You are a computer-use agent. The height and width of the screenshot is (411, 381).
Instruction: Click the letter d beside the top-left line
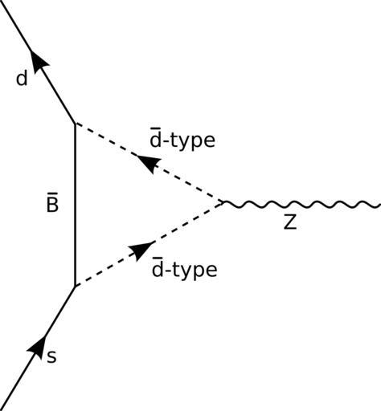[22, 79]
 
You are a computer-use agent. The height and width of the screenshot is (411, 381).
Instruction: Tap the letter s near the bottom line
[51, 357]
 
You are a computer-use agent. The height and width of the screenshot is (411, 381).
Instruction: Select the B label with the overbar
[52, 202]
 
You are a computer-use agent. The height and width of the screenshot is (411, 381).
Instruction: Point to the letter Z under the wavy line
[290, 222]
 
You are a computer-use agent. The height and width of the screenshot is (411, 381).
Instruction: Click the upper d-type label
[182, 139]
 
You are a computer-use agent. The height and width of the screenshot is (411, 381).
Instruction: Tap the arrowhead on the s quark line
[38, 348]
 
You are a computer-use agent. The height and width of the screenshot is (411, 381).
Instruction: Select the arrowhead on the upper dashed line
[149, 163]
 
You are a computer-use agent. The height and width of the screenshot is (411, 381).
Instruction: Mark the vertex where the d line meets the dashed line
[76, 124]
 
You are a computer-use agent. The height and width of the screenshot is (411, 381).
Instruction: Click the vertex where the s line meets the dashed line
[76, 287]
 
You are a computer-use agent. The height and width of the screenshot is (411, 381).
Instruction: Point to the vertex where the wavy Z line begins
[223, 202]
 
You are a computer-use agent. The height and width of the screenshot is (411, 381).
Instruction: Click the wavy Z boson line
[301, 204]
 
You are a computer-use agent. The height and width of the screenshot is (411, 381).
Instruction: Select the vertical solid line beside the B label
[76, 205]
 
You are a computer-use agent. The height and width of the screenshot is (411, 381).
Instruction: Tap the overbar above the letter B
[52, 193]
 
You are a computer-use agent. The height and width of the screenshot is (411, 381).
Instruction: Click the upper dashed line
[149, 163]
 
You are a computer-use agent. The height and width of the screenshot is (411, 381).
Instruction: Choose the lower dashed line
[149, 245]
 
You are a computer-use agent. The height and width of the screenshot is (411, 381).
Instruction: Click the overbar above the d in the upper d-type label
[154, 129]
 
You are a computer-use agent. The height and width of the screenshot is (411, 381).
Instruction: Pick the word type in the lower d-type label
[195, 270]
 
